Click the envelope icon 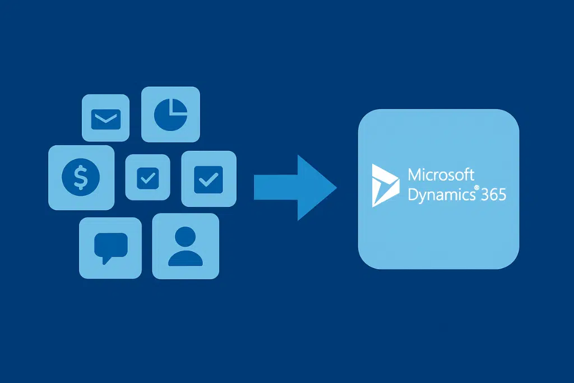pyautogui.click(x=106, y=118)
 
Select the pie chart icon pyautogui.click(x=170, y=114)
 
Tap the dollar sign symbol pyautogui.click(x=81, y=177)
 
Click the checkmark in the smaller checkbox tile pyautogui.click(x=147, y=178)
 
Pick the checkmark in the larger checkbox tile pyautogui.click(x=209, y=178)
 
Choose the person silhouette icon pyautogui.click(x=186, y=247)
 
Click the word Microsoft pyautogui.click(x=441, y=174)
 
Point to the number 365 pyautogui.click(x=493, y=195)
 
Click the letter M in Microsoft pyautogui.click(x=415, y=174)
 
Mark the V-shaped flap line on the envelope pyautogui.click(x=106, y=117)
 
